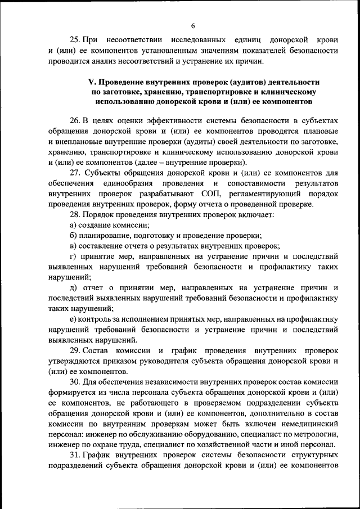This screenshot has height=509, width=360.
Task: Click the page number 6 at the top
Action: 192,26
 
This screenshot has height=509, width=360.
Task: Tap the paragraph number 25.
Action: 75,40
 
